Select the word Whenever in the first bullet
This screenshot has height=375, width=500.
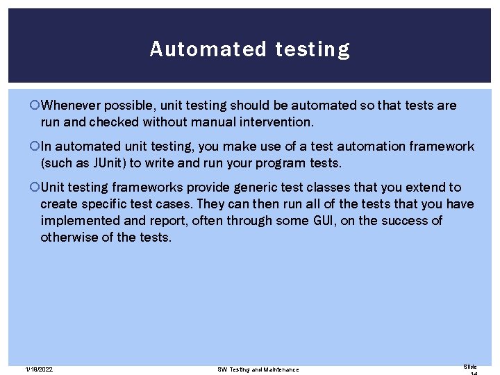pos(71,106)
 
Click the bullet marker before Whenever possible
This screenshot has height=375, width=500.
pos(35,106)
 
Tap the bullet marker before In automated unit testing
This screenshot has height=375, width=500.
pos(35,147)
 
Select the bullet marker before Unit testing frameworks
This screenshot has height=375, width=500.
pos(35,187)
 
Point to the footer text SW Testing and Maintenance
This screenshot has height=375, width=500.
pos(258,369)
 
